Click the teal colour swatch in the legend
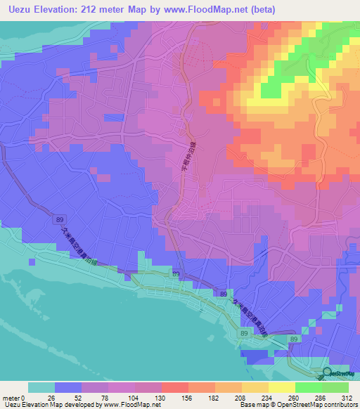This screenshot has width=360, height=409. click(41, 387)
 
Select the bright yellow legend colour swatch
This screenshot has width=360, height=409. click(282, 387)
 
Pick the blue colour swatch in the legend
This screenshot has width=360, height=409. click(68, 387)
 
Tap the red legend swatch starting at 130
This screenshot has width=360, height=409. click(175, 387)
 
